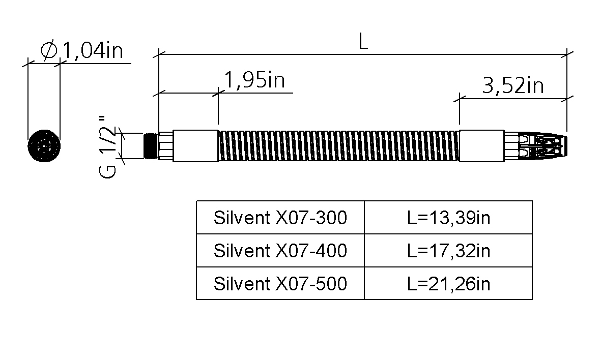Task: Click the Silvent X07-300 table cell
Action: click(x=280, y=217)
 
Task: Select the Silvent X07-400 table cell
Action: click(x=280, y=251)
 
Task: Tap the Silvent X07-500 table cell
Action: click(x=280, y=283)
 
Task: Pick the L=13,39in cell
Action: click(x=448, y=217)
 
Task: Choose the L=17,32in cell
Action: click(x=448, y=251)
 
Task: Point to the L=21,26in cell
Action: click(x=448, y=283)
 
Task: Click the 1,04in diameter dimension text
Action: click(x=93, y=50)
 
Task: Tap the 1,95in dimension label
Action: click(x=254, y=80)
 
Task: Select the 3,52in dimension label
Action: click(x=513, y=86)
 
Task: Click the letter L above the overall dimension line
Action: click(x=363, y=41)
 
